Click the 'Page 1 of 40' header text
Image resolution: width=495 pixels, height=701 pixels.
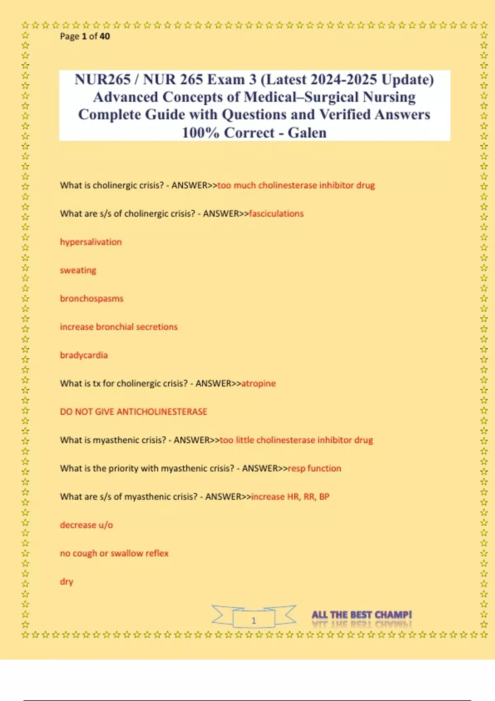85,36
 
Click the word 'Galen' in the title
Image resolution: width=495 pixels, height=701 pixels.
307,133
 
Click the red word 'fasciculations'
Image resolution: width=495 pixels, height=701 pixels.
276,214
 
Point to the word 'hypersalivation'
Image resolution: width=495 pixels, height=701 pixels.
91,242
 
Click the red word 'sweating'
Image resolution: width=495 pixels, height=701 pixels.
78,271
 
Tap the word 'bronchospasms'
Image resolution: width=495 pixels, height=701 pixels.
92,299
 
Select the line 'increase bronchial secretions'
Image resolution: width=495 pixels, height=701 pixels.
119,327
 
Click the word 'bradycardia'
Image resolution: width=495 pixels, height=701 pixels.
84,355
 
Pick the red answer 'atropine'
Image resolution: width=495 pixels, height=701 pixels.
258,383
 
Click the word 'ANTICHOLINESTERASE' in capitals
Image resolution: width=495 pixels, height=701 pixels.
162,412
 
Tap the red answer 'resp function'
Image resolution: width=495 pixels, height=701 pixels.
314,468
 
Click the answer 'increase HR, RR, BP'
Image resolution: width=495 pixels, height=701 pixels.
290,497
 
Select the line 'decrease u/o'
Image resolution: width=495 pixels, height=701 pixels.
86,525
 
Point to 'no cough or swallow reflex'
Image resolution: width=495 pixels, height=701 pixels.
114,553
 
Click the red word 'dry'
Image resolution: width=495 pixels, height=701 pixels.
66,581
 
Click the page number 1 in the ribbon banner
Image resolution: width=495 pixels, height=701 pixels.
254,620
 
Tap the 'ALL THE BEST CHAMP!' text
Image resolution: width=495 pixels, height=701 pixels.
362,615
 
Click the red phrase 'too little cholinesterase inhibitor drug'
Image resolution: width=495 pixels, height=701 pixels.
296,440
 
